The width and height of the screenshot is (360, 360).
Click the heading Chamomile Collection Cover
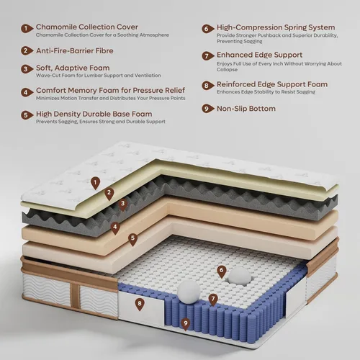87,27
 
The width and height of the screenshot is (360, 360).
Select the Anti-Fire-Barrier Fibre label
75,51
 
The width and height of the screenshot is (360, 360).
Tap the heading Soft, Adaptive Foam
73,68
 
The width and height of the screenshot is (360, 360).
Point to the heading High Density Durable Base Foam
94,114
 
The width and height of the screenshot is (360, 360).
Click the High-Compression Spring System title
276,27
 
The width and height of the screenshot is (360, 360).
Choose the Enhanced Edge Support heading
259,55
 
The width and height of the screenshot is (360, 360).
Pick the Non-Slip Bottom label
246,109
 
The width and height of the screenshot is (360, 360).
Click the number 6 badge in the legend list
207,29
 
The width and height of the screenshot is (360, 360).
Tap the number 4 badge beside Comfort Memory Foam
27,92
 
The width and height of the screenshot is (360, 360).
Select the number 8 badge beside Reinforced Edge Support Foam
207,86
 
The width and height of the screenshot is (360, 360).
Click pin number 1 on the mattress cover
95,184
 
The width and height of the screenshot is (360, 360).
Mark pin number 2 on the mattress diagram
109,194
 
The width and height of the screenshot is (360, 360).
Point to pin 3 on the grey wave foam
122,204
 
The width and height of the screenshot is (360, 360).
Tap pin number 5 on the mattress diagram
132,240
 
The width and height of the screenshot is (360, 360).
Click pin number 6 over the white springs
222,271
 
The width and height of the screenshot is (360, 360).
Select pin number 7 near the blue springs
213,300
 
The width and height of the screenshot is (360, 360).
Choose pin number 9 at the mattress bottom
185,325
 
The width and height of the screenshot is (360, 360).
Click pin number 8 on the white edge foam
140,305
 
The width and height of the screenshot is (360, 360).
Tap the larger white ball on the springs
189,292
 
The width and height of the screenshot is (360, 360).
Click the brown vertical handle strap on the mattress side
75,297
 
